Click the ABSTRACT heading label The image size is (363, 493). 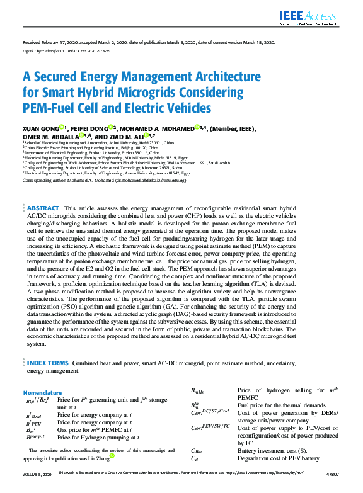43,208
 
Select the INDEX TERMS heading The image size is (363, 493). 48,364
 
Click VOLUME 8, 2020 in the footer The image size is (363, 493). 37,473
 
